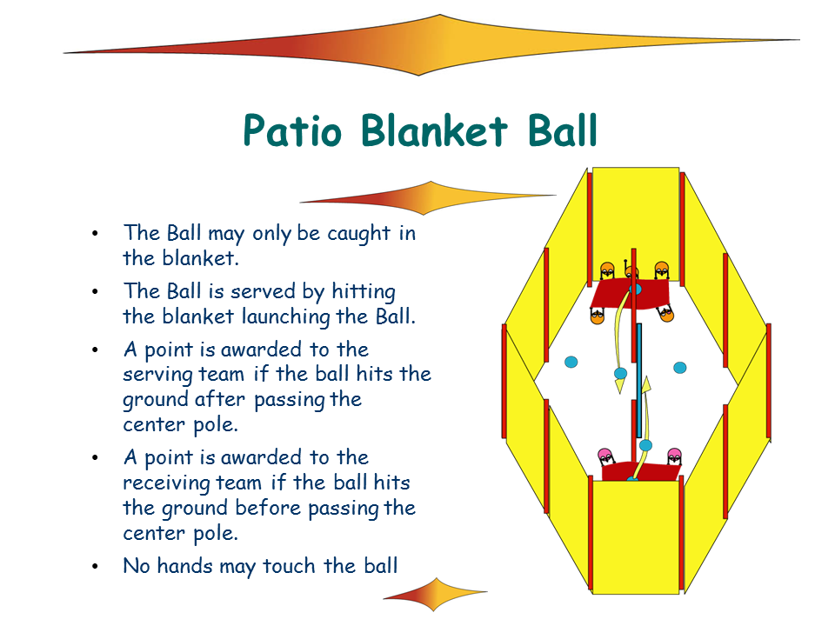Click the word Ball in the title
tap(556, 131)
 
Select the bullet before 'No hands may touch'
tap(95, 566)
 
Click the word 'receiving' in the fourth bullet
tap(167, 482)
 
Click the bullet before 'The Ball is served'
tap(95, 291)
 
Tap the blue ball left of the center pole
tap(571, 361)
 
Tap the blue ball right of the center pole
tap(680, 367)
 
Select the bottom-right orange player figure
tap(667, 314)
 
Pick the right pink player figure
tap(674, 456)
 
